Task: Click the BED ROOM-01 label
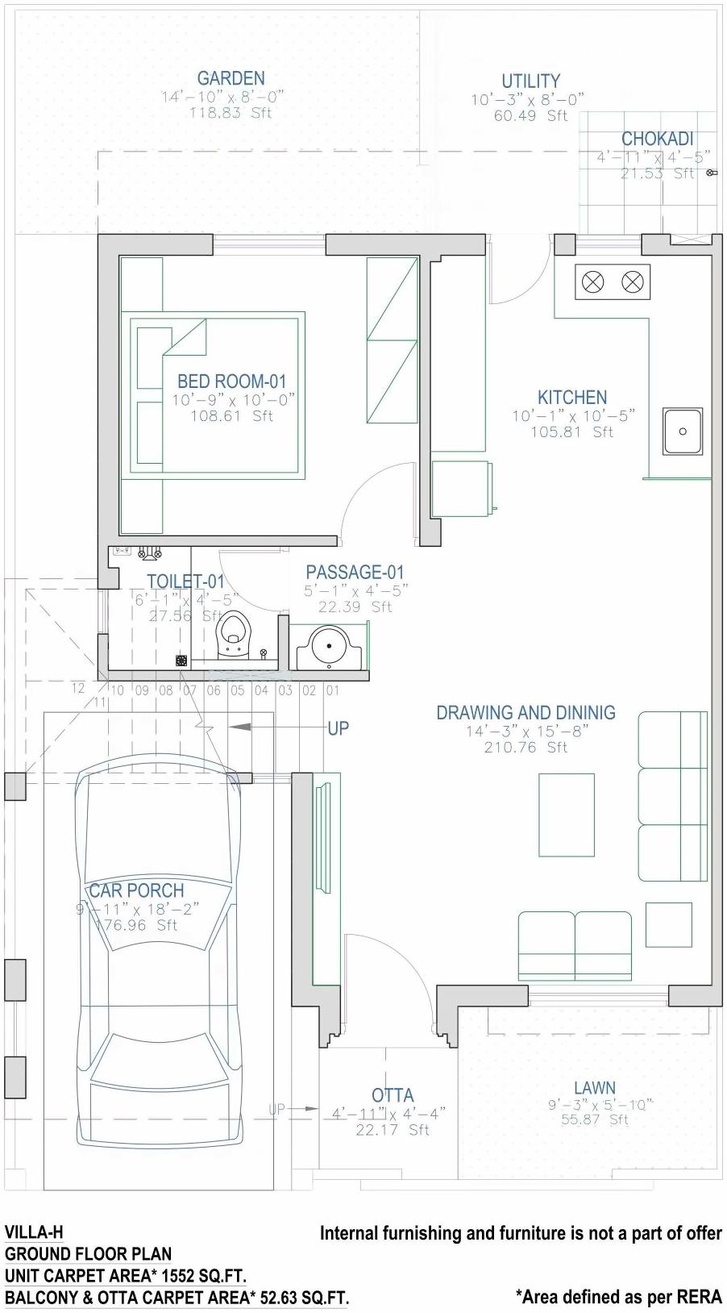tap(232, 381)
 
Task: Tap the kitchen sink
tap(683, 431)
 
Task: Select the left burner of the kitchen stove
tap(593, 281)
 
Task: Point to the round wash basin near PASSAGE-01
tap(329, 648)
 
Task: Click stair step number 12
tap(78, 688)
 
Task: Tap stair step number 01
tap(332, 690)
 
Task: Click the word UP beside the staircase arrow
tap(339, 728)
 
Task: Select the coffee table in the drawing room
tap(567, 815)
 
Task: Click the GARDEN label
tap(231, 78)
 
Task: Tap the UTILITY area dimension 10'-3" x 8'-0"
tap(528, 99)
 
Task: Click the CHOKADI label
tap(657, 139)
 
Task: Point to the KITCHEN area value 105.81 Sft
tap(571, 432)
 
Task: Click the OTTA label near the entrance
tap(393, 1095)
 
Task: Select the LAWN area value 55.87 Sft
tap(595, 1119)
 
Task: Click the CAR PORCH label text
tap(136, 890)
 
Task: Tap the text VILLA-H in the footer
tap(34, 1232)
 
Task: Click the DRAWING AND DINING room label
tap(526, 713)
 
